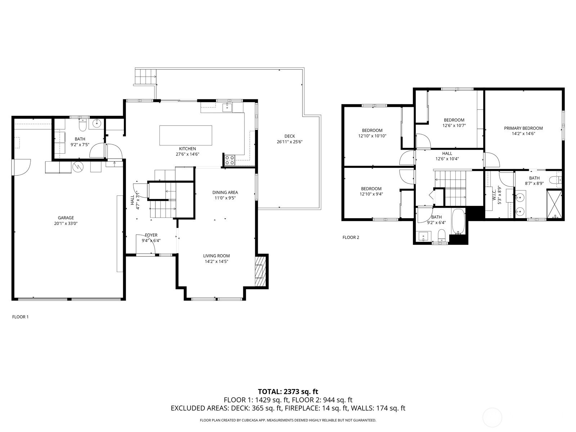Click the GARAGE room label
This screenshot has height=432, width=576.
coord(66,218)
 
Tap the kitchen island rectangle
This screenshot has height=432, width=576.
coord(186,135)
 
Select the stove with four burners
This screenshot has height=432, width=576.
coord(230,160)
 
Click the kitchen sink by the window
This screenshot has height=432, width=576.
coord(227,107)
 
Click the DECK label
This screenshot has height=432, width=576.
coord(290,136)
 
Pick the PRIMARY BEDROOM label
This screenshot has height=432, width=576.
coord(523,128)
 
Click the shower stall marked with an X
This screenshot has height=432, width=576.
coord(554,204)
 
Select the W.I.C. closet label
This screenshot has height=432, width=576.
coord(494,195)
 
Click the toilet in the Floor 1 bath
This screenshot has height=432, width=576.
coord(82,125)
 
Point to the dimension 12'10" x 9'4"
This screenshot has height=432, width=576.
coord(371,194)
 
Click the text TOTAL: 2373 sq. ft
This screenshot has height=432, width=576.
coord(288,392)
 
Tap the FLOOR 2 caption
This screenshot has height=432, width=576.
coord(351,237)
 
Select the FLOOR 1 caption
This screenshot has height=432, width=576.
coord(20,317)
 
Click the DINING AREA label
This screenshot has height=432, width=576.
coord(225,193)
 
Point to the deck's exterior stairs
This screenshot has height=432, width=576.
coord(146,76)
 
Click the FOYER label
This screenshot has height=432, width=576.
coord(151,235)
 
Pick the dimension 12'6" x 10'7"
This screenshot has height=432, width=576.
coord(454,125)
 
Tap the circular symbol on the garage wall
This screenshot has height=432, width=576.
coord(78,167)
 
